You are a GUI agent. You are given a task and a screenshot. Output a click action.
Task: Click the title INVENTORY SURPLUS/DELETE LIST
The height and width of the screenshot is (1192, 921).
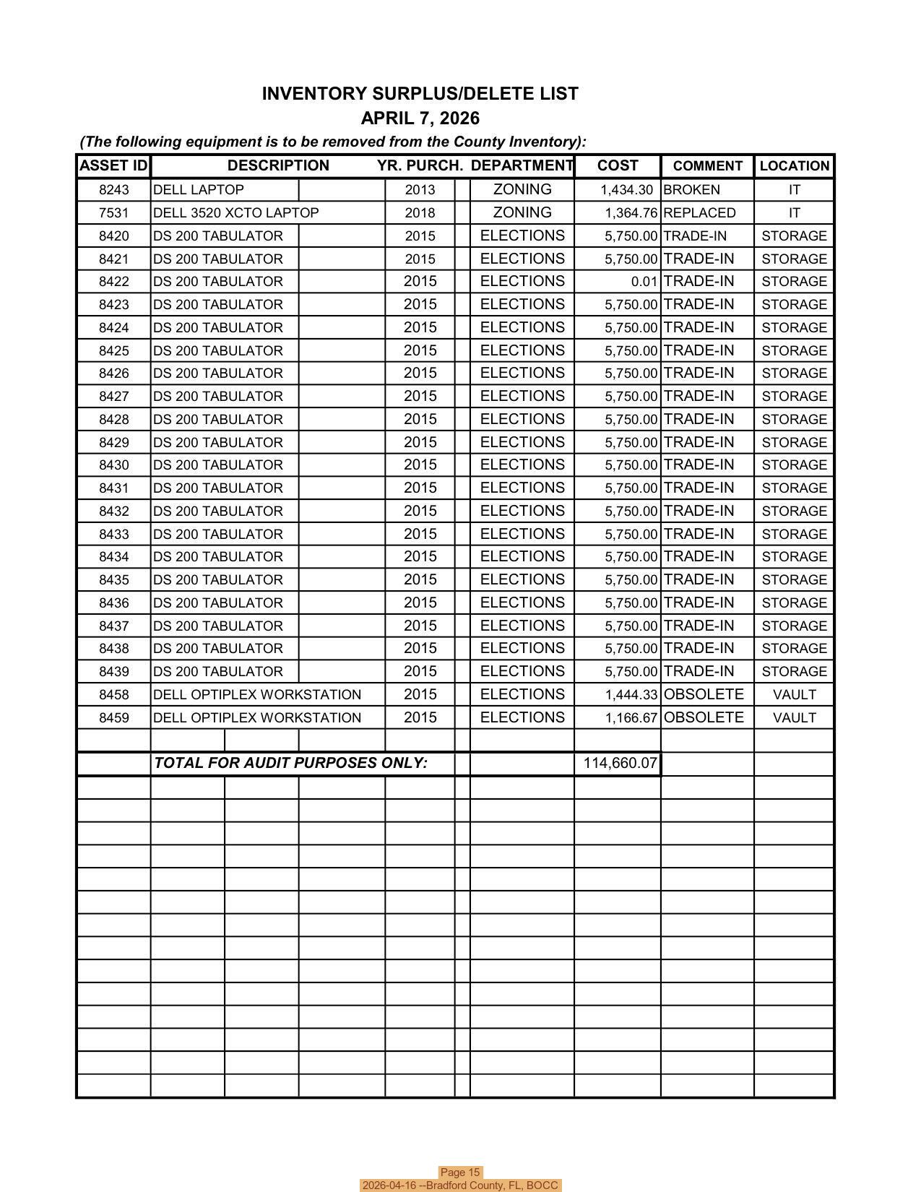tap(420, 94)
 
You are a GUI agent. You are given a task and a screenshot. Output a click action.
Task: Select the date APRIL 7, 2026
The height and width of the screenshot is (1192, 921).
tap(420, 118)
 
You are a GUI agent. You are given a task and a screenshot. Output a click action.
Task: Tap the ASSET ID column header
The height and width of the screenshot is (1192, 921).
tap(113, 165)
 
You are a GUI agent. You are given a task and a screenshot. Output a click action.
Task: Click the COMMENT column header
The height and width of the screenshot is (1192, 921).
tap(707, 166)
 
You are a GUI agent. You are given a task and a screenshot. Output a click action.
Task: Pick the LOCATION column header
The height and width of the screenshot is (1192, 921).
tap(794, 166)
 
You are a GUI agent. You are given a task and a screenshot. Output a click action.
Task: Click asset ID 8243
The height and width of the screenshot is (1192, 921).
tap(113, 190)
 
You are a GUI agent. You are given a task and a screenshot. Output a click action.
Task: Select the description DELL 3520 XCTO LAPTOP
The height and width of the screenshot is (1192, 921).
tap(235, 213)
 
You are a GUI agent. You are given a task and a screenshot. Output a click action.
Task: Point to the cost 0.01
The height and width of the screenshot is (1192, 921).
tap(644, 282)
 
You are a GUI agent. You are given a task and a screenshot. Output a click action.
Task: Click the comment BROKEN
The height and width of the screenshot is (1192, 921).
tap(691, 190)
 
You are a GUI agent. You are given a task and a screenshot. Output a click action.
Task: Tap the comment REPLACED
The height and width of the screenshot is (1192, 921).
tap(699, 213)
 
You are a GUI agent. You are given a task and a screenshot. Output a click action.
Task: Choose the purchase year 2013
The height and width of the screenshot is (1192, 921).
tap(420, 190)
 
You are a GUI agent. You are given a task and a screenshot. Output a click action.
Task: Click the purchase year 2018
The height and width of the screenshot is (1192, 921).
tap(420, 213)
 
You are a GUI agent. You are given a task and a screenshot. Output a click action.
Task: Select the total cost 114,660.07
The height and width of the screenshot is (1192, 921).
tap(620, 763)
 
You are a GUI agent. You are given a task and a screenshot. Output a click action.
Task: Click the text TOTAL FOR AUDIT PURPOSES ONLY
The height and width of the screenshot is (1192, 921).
tap(290, 763)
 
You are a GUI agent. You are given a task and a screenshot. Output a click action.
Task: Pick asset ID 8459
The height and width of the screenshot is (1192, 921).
tap(113, 718)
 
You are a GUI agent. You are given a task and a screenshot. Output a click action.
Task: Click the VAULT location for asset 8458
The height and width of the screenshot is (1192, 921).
tap(794, 695)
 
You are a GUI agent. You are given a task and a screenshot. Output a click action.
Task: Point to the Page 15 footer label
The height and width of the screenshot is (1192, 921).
tap(460, 1172)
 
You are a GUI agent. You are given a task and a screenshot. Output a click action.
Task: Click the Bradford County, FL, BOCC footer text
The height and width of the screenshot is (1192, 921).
tap(460, 1185)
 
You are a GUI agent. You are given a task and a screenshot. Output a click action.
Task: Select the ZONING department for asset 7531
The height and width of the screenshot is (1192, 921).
tap(522, 213)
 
